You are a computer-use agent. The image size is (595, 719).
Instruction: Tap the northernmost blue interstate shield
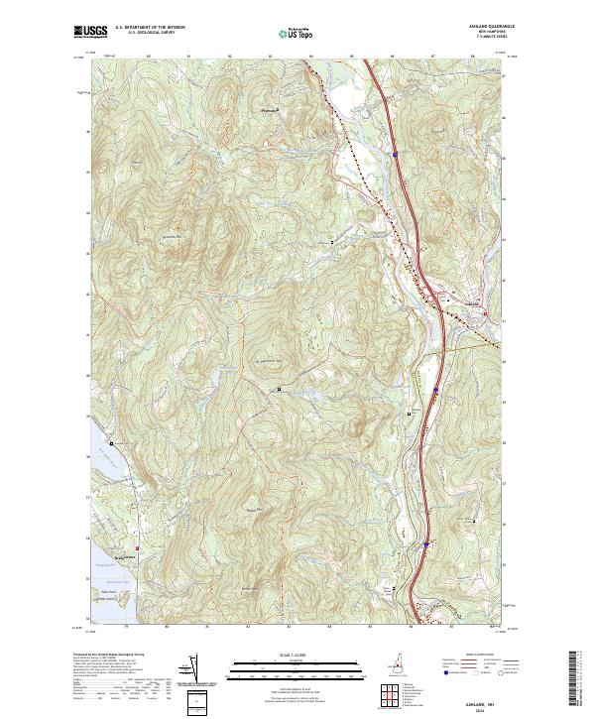click(x=394, y=155)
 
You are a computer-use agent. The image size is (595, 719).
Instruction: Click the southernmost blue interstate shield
click(x=425, y=543)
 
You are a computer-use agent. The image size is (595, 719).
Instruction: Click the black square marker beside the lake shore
click(x=111, y=442)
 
